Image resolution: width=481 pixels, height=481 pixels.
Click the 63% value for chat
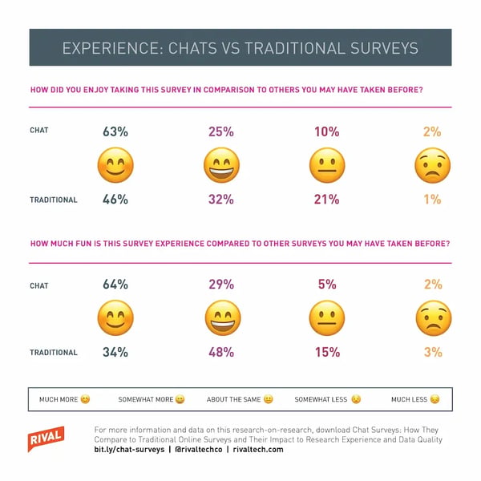(x=115, y=131)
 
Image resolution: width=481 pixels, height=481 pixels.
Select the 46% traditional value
(x=115, y=200)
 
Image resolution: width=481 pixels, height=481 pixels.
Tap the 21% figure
(x=327, y=200)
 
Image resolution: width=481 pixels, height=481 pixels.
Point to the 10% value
(x=327, y=131)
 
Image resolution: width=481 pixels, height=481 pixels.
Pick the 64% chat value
(x=115, y=284)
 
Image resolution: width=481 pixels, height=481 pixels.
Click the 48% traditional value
(x=221, y=352)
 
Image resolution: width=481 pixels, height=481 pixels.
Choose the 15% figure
(x=328, y=352)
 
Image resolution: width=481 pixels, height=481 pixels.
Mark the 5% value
(x=327, y=284)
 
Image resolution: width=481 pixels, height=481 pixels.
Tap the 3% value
(x=433, y=352)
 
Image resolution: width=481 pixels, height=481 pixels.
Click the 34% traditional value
(x=115, y=352)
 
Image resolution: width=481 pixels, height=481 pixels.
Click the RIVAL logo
(x=46, y=439)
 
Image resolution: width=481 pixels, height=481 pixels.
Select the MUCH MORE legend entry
(x=65, y=399)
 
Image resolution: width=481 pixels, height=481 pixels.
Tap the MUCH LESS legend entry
(x=415, y=399)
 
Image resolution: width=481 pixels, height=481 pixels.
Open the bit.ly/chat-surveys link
(x=129, y=450)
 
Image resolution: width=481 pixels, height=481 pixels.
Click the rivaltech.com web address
(x=258, y=450)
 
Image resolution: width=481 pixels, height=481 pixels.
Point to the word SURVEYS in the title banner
(x=384, y=48)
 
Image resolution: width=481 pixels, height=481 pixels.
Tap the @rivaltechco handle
(x=199, y=450)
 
